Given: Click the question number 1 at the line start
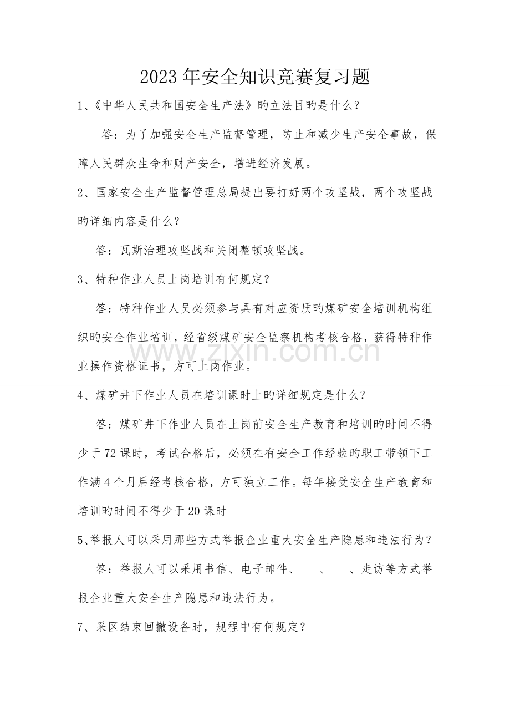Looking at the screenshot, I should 81,105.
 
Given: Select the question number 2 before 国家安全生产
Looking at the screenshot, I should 81,192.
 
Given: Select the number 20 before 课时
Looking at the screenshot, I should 194,511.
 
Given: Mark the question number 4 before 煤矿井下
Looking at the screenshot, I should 81,395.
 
